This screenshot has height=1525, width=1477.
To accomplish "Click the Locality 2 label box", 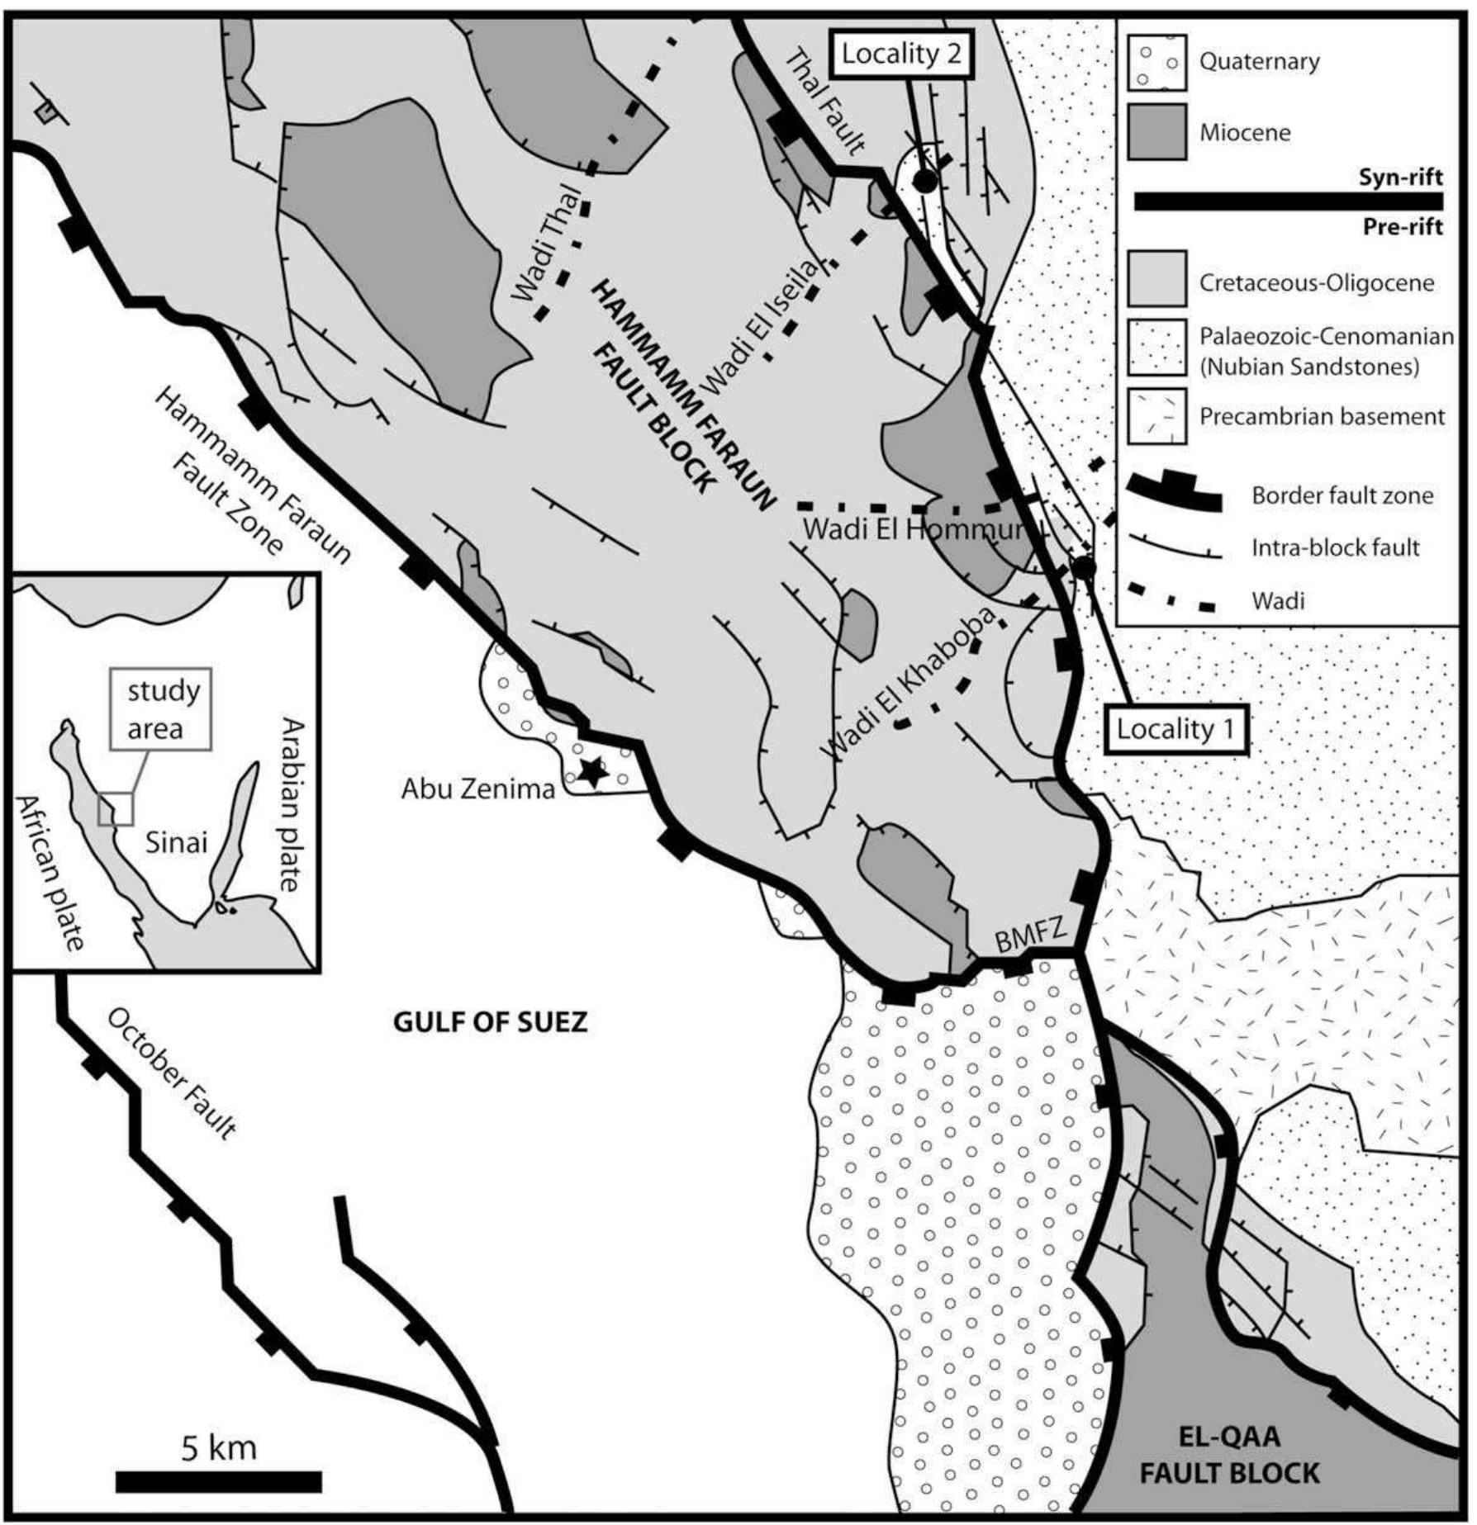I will coord(901,54).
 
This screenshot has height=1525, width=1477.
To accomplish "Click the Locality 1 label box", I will coord(1175,729).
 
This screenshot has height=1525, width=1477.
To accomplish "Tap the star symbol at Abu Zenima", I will coord(591,771).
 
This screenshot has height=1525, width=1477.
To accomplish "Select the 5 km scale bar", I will coord(219,1482).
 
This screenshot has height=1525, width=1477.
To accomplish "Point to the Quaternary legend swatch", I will coord(1156,63).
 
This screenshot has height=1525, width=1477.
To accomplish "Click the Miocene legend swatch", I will coord(1156,132).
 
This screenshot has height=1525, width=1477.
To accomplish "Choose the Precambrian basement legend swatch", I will coord(1156,416).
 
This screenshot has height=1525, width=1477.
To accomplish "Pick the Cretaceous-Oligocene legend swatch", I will coord(1156,281).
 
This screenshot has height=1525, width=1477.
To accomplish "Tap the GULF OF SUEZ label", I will coord(490,1022).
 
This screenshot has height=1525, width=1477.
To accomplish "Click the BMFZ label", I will coord(1032,937).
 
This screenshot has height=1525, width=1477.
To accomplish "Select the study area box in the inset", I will coord(160,709).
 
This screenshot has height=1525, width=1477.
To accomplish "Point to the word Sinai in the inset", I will coord(176,842).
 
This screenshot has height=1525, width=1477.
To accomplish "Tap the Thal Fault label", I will coord(825,101).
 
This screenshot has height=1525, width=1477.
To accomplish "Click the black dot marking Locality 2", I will coord(924,181).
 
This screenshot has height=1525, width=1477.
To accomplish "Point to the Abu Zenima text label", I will coord(478,789).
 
